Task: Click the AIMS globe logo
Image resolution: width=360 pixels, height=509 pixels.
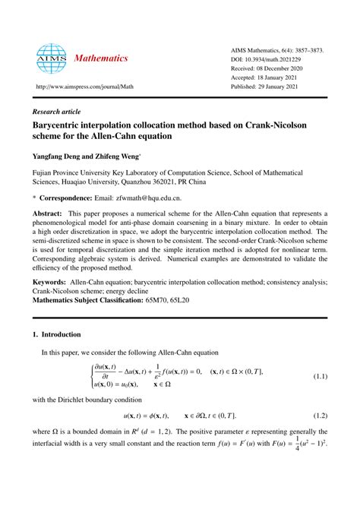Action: [52, 57]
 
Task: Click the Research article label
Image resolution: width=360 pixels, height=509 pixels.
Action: [57, 110]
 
